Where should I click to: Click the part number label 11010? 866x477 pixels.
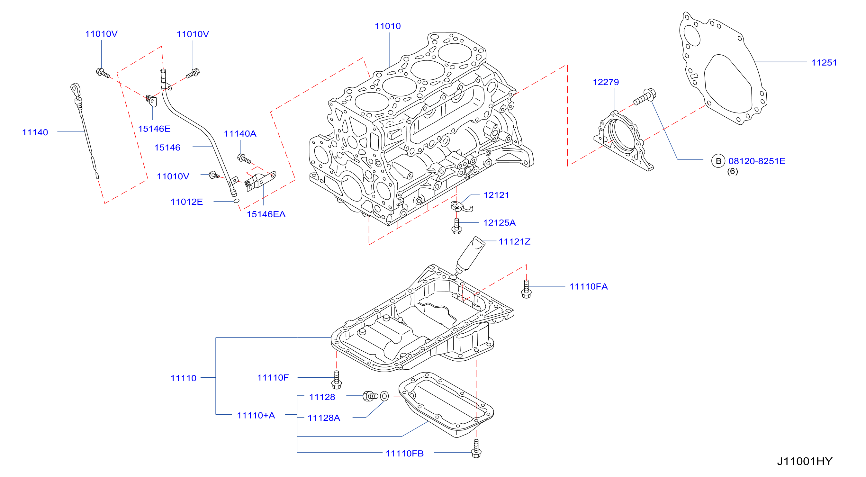388,26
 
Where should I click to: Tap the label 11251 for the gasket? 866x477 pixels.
824,63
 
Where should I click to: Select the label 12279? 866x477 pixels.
606,82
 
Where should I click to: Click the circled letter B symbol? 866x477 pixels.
718,161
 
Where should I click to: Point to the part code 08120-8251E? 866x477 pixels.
757,161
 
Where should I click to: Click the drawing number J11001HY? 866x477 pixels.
805,461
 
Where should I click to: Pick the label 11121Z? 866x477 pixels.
514,242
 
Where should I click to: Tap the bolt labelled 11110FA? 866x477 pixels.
526,289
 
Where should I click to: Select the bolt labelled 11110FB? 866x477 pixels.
476,448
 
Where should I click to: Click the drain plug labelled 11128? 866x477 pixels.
370,396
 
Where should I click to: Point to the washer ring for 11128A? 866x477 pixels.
384,396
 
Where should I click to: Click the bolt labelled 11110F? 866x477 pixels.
337,380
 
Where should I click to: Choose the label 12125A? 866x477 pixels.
499,223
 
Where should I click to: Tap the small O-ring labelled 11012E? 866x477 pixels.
236,201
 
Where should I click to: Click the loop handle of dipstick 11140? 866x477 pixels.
75,89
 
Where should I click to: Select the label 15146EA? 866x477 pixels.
266,214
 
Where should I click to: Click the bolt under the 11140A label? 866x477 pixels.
244,159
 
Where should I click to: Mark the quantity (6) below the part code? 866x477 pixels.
733,171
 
